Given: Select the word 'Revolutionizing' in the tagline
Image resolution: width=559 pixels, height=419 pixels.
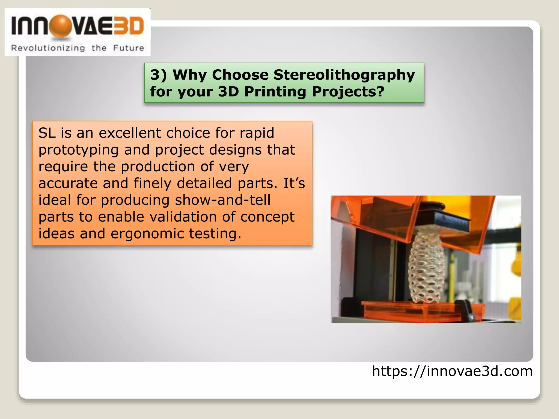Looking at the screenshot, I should click(x=48, y=48).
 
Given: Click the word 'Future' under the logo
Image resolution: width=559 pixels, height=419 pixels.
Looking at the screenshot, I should click(x=129, y=48).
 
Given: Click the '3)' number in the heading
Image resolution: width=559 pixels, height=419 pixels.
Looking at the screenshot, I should click(x=159, y=75).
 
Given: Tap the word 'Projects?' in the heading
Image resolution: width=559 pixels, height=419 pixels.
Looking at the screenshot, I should click(x=348, y=92).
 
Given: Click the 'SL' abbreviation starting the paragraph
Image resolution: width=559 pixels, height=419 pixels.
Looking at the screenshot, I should click(x=47, y=133).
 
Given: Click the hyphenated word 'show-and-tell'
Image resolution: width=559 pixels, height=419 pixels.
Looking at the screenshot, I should click(x=222, y=200).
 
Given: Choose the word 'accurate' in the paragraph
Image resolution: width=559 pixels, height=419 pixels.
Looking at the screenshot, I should click(x=68, y=183).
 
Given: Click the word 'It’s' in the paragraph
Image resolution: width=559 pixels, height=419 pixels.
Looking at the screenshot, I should click(x=294, y=183).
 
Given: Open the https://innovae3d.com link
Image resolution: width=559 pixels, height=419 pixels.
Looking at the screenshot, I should click(x=452, y=371).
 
